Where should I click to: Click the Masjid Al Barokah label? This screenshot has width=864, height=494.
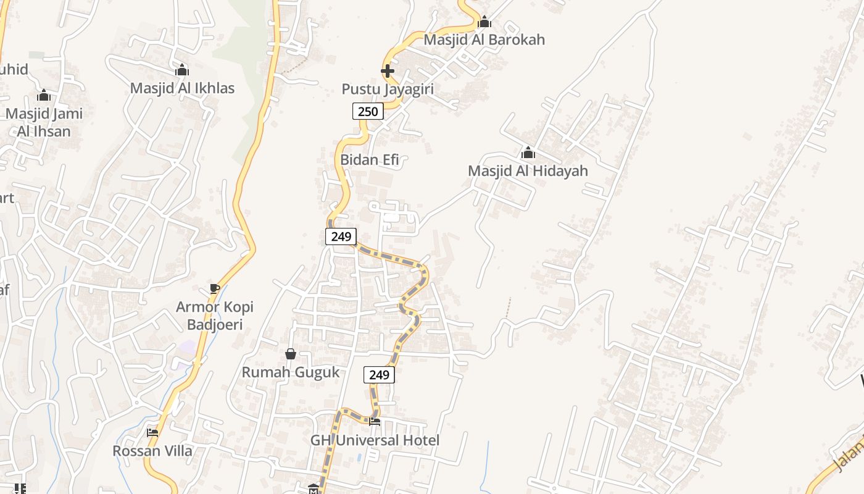[x=484, y=40]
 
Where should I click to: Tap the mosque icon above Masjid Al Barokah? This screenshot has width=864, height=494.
[x=484, y=22]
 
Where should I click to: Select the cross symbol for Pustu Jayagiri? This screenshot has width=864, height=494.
[x=388, y=72]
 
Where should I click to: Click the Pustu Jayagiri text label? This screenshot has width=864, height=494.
[x=388, y=90]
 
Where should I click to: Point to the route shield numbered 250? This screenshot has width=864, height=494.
[x=368, y=111]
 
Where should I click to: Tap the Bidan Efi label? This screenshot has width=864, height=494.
[x=370, y=160]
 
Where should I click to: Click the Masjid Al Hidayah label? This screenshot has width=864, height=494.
[x=528, y=171]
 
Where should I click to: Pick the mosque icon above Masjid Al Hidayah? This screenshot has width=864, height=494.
[x=528, y=153]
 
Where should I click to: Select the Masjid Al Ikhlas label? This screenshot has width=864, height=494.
[x=182, y=88]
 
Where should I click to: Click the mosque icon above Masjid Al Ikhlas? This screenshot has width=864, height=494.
[x=182, y=70]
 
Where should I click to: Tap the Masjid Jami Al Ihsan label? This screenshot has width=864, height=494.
[x=44, y=122]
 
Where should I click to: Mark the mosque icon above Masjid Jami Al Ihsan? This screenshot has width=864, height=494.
[x=44, y=96]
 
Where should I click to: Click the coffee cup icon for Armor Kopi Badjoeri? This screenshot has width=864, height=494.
[x=215, y=289]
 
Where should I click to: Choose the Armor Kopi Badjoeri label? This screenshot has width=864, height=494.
[x=215, y=316]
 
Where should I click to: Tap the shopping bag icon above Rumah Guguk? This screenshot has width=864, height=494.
[x=291, y=354]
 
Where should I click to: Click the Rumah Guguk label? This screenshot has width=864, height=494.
[x=291, y=372]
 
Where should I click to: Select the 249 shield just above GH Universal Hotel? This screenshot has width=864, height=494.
[x=379, y=375]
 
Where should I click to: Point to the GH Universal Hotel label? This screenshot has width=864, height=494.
[x=375, y=440]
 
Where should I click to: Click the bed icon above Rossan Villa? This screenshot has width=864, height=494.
[x=152, y=433]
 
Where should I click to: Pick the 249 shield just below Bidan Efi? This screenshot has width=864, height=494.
[x=341, y=237]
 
